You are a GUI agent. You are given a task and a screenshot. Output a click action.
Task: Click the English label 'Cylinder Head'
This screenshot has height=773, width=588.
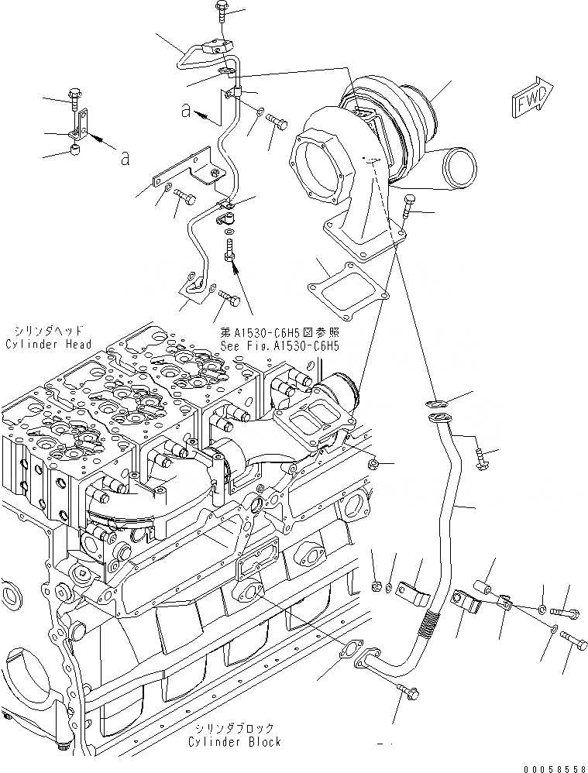47,345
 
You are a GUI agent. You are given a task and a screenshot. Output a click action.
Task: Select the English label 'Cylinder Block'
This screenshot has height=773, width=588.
234,741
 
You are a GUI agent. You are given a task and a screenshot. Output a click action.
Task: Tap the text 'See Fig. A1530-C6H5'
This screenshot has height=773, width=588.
280,346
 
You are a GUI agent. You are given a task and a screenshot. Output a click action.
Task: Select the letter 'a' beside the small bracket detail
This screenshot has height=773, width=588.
124,159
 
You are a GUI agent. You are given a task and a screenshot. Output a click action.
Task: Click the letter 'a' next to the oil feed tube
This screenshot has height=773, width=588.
185,111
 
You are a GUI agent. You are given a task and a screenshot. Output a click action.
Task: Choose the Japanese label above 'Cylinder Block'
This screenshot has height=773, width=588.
234,728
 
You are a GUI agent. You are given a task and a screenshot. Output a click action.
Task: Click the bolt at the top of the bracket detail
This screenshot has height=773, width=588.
75,95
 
